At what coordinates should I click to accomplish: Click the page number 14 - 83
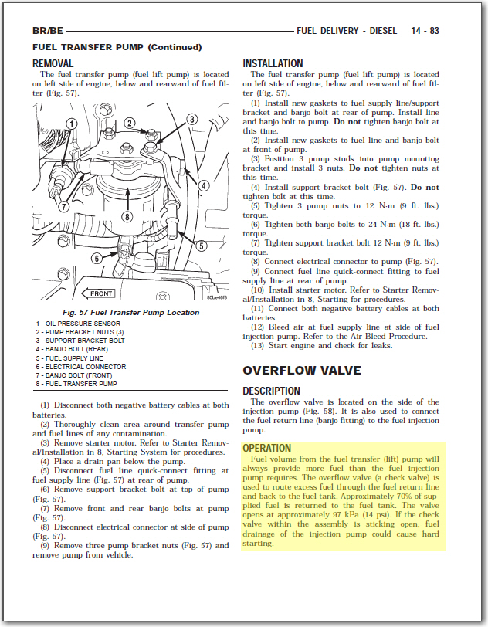(x=425, y=31)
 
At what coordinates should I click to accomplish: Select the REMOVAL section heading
(x=53, y=63)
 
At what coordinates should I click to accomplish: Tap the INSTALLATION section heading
(x=273, y=63)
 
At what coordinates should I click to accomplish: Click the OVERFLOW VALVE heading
(x=302, y=371)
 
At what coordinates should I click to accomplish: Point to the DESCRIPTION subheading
(x=271, y=391)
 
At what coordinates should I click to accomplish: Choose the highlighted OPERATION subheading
(x=266, y=448)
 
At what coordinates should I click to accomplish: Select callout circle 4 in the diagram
(x=203, y=185)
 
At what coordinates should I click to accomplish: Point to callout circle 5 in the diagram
(x=200, y=246)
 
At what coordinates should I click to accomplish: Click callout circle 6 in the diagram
(x=97, y=258)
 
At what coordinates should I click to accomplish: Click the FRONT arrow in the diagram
(x=99, y=293)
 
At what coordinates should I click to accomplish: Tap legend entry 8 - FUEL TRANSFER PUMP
(x=76, y=383)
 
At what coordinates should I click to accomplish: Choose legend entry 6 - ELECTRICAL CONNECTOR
(x=80, y=366)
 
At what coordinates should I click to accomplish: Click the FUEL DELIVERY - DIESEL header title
(x=347, y=31)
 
